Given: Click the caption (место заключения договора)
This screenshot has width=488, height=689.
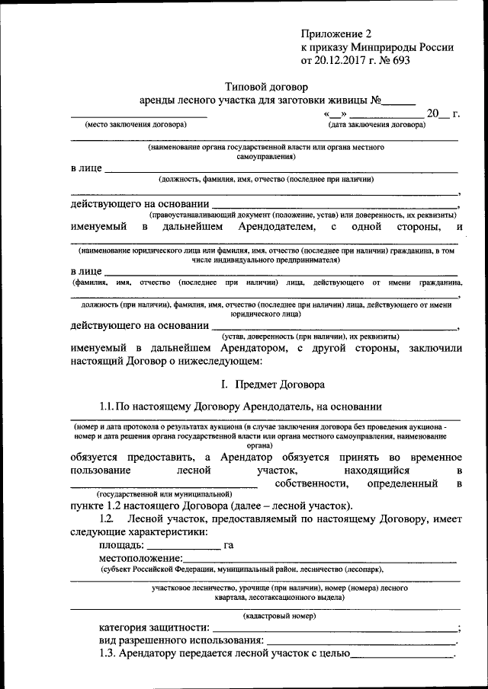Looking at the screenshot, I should pyautogui.click(x=135, y=124).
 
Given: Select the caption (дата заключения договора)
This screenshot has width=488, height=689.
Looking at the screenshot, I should pyautogui.click(x=377, y=124).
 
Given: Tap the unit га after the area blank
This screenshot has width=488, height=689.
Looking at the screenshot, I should pyautogui.click(x=228, y=546).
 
